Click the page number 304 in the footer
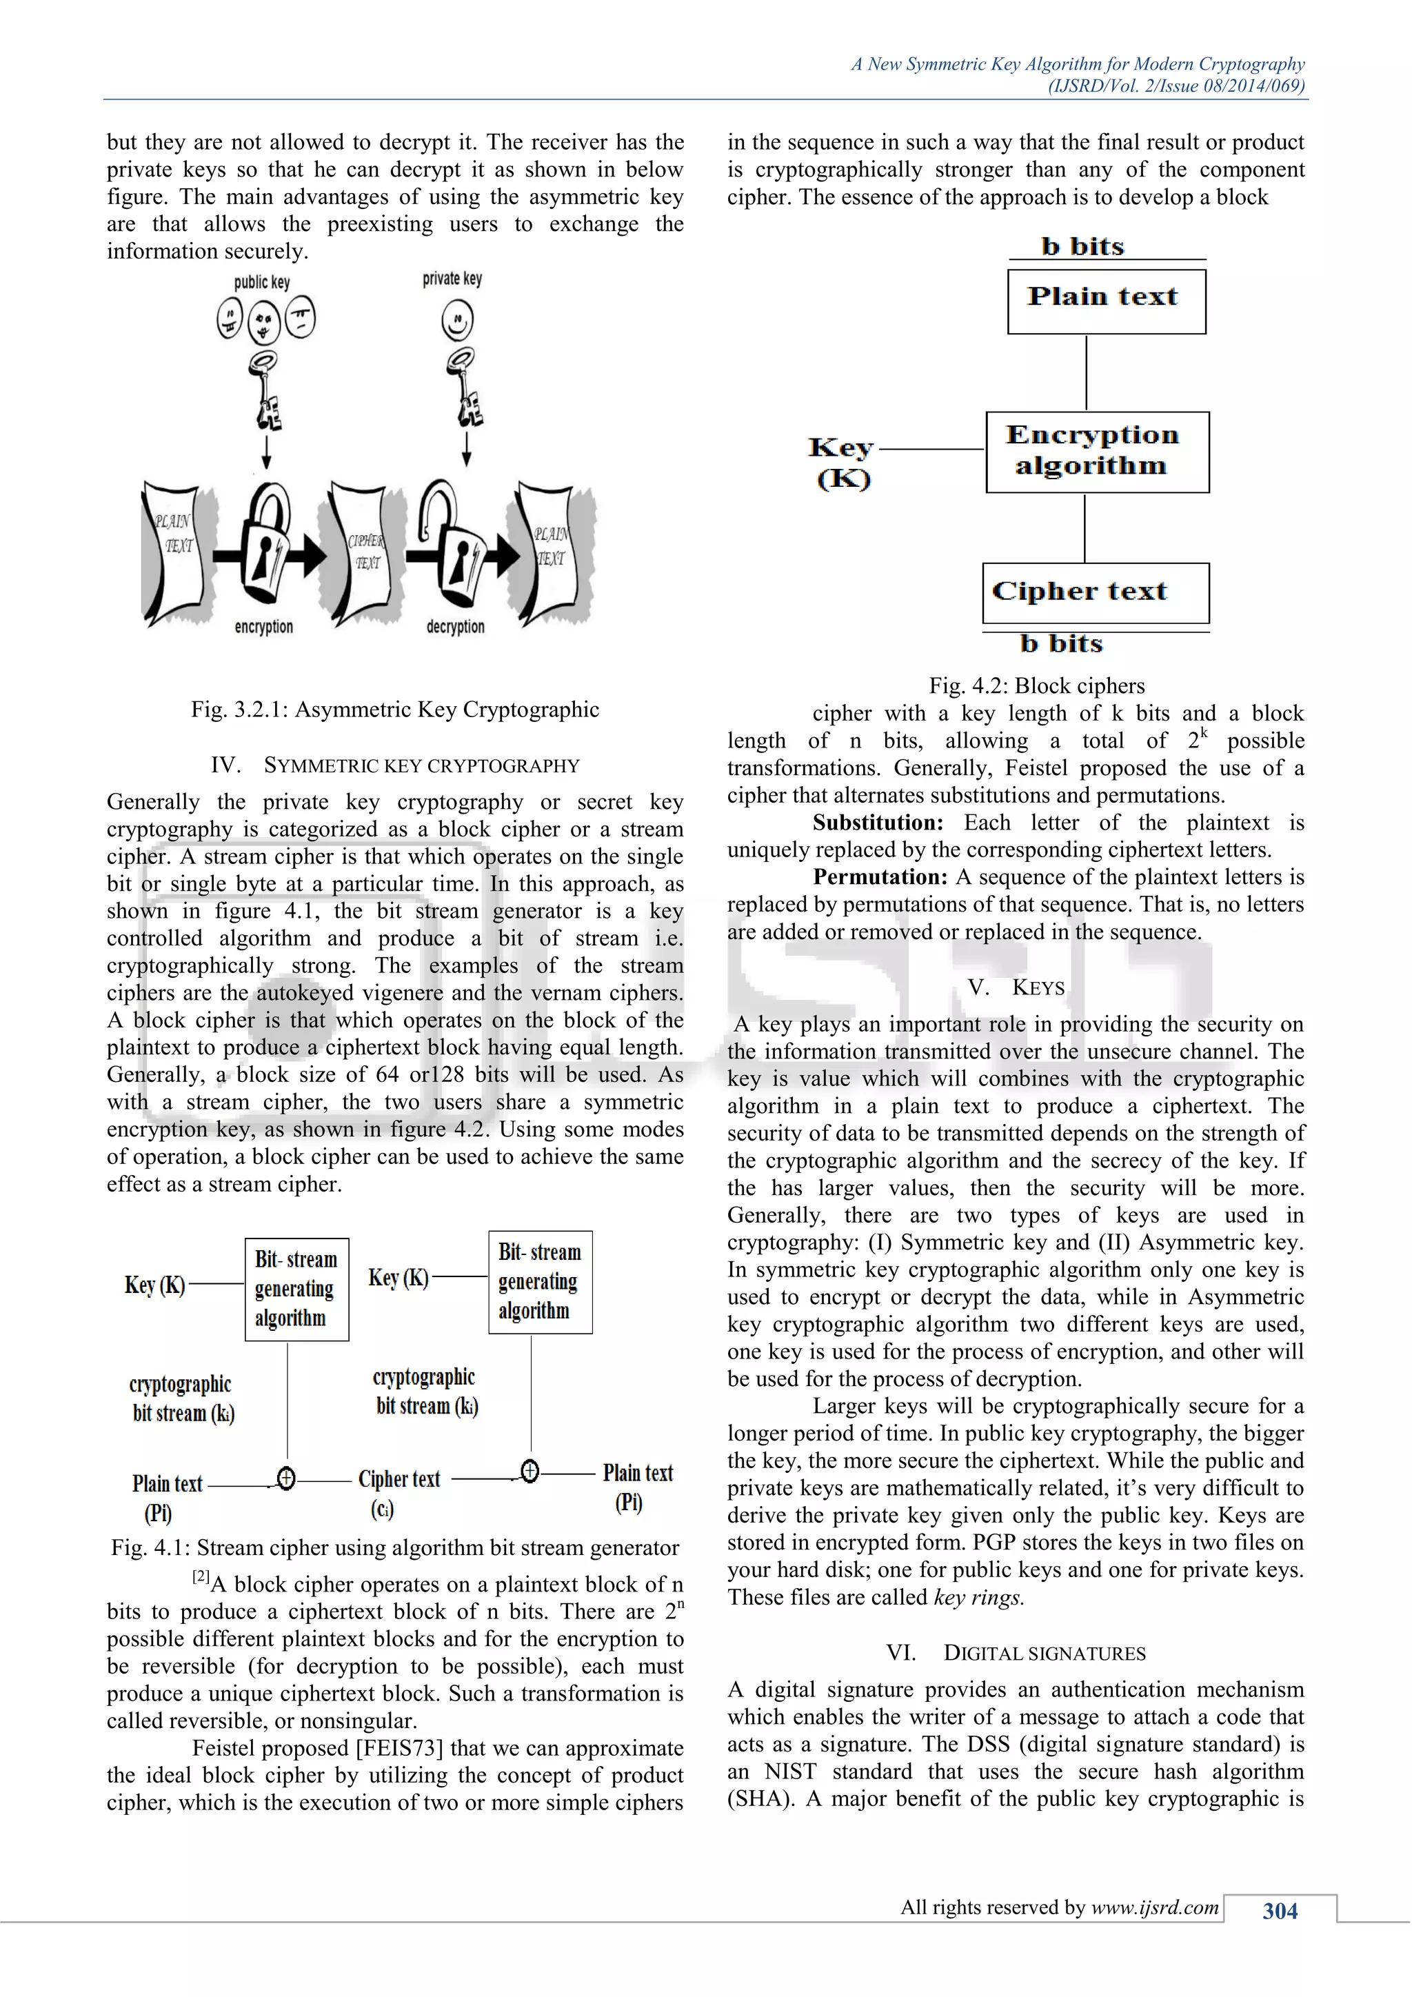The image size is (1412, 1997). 1280,1911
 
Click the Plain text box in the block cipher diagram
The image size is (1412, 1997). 1106,301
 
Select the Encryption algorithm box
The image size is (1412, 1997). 1096,452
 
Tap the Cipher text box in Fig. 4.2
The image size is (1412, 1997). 1095,592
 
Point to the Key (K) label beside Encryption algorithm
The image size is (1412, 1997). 842,463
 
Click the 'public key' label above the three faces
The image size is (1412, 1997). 262,283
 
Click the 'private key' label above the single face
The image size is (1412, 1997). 452,279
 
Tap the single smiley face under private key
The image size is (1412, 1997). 457,321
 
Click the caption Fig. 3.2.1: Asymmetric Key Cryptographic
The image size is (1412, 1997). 395,710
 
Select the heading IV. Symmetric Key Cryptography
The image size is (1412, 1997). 395,765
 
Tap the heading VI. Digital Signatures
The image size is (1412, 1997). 1016,1653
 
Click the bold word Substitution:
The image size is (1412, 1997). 877,823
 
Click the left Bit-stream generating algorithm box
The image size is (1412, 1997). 296,1289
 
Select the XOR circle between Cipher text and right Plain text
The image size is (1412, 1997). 529,1471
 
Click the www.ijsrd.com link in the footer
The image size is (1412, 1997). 1155,1907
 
